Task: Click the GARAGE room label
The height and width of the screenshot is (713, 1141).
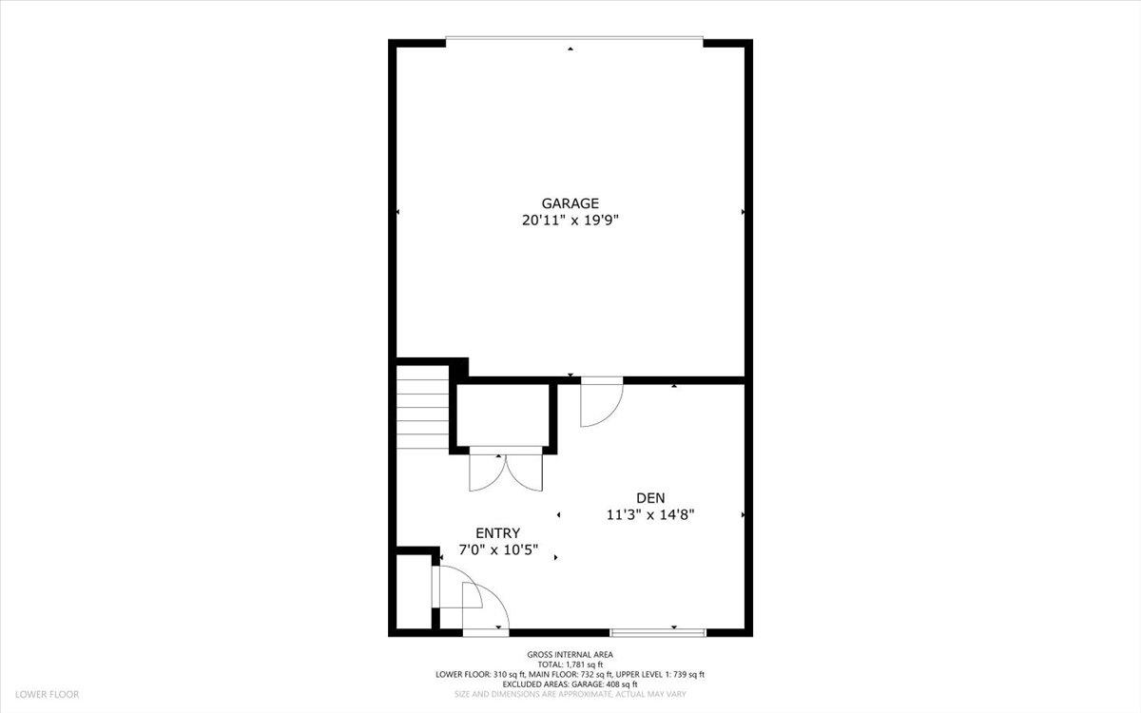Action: point(570,202)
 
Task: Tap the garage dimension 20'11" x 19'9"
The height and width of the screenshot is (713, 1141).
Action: point(570,220)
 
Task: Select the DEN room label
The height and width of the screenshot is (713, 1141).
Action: point(650,498)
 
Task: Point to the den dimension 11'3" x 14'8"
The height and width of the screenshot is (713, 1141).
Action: point(650,515)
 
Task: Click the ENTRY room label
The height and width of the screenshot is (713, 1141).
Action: point(498,533)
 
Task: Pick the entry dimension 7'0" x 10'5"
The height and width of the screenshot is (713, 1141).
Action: point(498,550)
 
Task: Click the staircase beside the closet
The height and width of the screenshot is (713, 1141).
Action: point(423,414)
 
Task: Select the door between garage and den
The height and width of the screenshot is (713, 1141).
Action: point(601,401)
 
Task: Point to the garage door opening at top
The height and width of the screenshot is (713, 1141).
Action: point(574,39)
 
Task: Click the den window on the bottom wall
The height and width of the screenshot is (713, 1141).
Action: point(658,631)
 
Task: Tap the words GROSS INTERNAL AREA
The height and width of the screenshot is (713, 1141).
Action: point(570,654)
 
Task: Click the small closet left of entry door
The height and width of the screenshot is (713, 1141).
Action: point(413,591)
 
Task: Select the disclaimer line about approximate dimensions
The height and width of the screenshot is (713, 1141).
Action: point(570,695)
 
